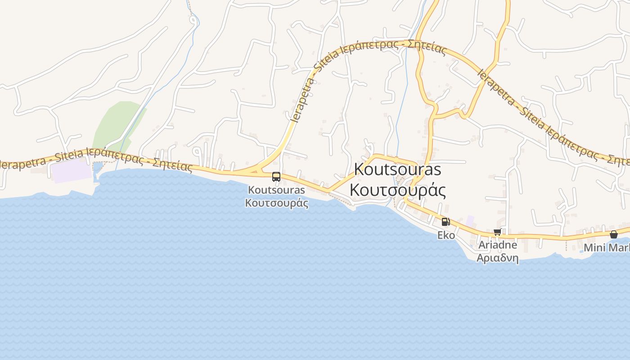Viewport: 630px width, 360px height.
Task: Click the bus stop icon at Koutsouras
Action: (276, 177)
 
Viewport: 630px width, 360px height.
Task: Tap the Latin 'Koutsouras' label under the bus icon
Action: (276, 190)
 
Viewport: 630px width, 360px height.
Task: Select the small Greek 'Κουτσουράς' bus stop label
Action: (276, 202)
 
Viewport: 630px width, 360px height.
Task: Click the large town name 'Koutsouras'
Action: (397, 170)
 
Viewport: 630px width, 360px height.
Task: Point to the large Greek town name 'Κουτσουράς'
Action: (397, 190)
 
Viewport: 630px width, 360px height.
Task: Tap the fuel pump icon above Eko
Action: (445, 221)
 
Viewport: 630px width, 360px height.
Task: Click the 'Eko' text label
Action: (446, 235)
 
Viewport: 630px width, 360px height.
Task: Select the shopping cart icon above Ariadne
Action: (497, 232)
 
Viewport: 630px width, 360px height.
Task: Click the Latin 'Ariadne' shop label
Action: (497, 245)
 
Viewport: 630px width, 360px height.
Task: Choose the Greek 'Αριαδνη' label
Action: (497, 258)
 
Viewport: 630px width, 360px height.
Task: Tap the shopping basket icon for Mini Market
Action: (613, 234)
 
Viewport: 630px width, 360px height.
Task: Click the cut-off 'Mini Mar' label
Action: (606, 247)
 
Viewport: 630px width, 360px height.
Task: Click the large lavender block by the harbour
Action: (72, 171)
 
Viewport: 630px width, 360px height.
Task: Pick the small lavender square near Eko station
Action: (470, 220)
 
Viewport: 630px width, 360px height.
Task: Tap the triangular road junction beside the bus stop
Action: (257, 170)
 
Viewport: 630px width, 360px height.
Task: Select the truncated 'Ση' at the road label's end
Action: (623, 160)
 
